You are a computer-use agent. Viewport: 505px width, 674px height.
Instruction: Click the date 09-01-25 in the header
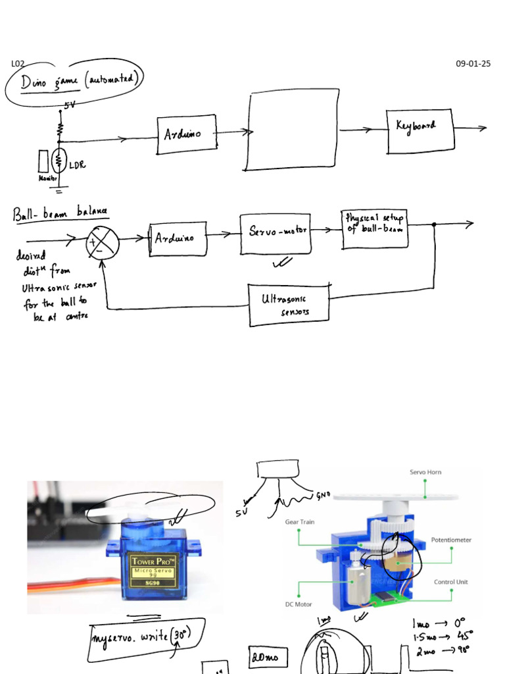click(x=473, y=64)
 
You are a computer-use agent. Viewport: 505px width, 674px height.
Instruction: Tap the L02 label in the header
click(x=18, y=64)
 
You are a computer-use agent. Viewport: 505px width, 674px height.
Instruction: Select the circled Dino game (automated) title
click(x=74, y=82)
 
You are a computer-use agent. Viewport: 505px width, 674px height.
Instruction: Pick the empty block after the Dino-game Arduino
click(x=294, y=131)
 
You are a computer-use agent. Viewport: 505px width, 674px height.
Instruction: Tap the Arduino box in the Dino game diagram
click(x=187, y=134)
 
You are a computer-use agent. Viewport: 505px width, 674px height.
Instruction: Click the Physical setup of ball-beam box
click(x=375, y=228)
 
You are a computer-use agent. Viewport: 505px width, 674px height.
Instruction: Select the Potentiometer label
click(x=451, y=540)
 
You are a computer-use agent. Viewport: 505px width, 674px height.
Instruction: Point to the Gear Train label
click(x=299, y=522)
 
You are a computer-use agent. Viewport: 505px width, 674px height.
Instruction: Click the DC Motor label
click(x=298, y=604)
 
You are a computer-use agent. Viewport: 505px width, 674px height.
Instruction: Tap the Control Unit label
click(x=451, y=582)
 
